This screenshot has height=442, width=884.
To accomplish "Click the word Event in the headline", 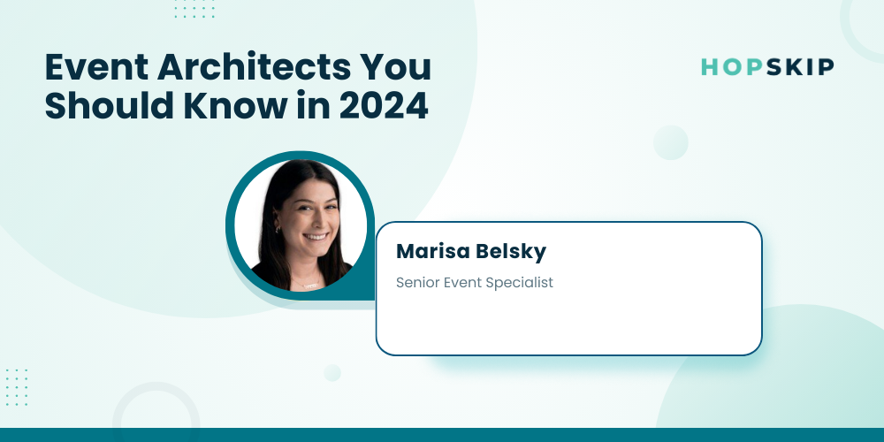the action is pos(95,67).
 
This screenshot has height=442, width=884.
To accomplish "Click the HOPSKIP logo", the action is pos(767,67).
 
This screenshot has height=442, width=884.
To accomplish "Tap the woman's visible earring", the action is pos(277,228).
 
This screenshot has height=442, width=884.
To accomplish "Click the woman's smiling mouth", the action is pos(316,237).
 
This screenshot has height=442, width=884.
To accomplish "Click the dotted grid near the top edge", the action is pos(194,9).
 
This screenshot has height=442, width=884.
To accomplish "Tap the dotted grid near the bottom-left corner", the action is pos(16,387).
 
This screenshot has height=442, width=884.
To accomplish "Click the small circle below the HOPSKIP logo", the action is pos(670,142).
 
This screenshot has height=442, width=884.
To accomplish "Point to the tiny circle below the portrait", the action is pos(332,373).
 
